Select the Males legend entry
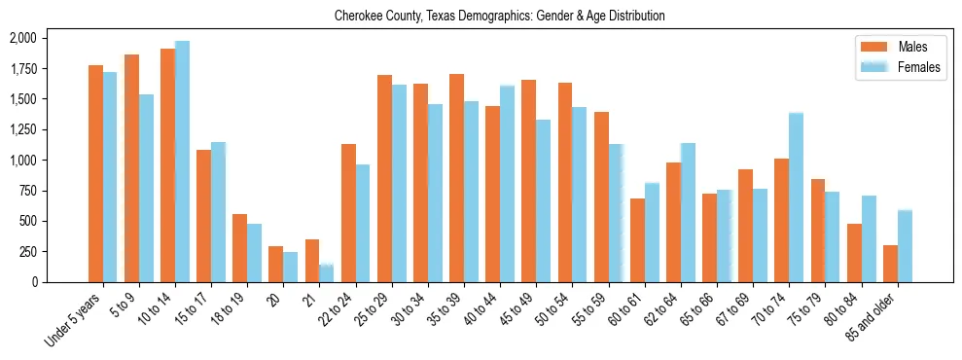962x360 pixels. tap(912, 47)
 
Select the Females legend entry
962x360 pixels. tap(918, 67)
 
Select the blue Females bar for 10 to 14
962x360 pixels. tap(182, 162)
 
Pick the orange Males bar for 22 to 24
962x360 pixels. tap(348, 213)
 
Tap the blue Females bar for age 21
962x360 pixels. tap(327, 273)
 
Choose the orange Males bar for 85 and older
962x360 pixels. tap(890, 264)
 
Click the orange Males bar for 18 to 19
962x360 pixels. tap(240, 248)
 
